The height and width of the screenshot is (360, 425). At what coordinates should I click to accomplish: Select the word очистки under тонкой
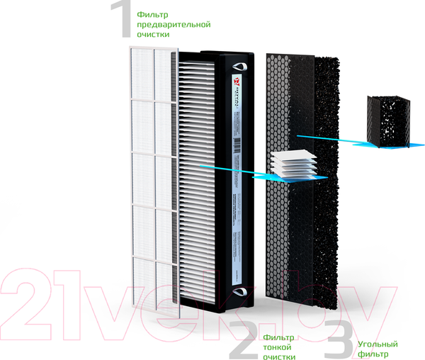[x=278, y=356]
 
